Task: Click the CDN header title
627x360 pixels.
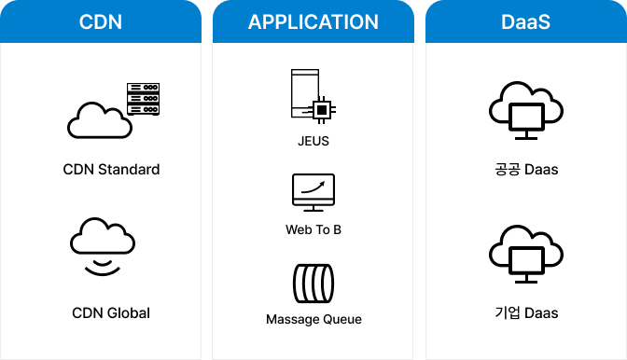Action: (100, 22)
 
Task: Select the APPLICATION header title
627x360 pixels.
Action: (313, 22)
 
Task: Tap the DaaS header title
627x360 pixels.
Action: (526, 22)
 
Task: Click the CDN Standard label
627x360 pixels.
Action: (111, 170)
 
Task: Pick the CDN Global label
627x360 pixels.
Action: (111, 312)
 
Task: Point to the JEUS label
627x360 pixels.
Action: (313, 143)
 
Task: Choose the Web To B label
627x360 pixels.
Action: (313, 229)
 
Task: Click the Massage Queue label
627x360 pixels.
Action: (313, 319)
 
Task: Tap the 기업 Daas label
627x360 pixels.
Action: (526, 312)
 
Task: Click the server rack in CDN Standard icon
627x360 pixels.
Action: (143, 99)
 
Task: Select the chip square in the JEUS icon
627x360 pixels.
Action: (322, 110)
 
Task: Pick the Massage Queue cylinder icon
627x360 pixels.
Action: (313, 283)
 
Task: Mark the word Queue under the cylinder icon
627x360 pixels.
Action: (341, 319)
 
